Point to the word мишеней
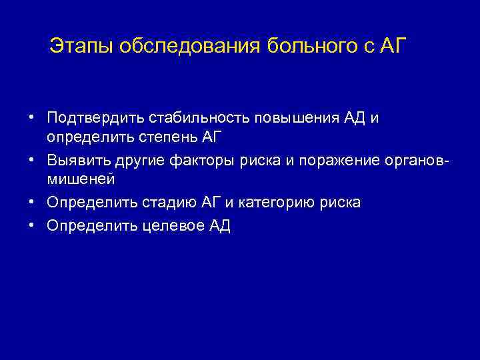coord(81,179)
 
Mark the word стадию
coord(173,202)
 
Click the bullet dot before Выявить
coord(32,160)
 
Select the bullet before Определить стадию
coord(32,202)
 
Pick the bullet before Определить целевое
coord(32,225)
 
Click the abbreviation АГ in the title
coord(395,47)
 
